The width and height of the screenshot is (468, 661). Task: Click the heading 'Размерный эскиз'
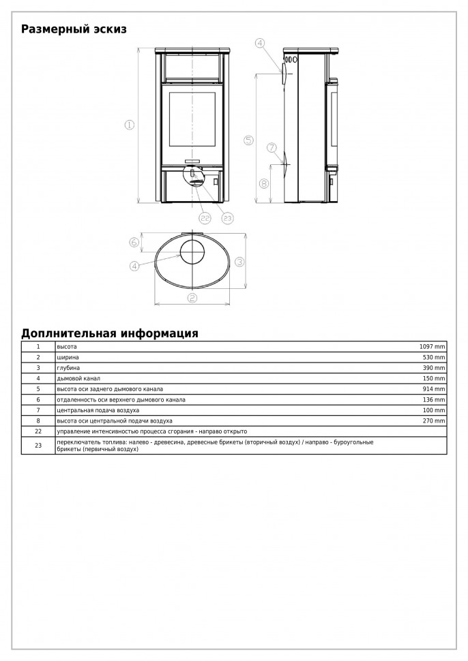pos(74,29)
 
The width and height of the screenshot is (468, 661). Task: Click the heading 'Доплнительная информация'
pos(110,333)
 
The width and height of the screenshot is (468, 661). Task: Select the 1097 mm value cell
pos(433,347)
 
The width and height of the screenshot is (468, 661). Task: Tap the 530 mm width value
pos(435,357)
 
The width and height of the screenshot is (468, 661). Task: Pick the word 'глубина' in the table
pos(68,367)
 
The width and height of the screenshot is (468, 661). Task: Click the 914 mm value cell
pos(435,388)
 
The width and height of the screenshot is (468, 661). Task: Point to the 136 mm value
pos(435,399)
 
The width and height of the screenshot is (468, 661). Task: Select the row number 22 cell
pos(38,431)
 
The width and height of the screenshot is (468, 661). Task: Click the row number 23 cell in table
pos(38,445)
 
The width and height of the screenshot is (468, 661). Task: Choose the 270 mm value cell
pos(435,421)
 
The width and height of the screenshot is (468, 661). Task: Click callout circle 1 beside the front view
pos(129,125)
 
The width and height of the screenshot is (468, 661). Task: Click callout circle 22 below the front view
pos(205,218)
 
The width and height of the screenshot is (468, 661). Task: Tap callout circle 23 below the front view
pos(227,218)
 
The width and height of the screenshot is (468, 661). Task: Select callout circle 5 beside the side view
pos(248,140)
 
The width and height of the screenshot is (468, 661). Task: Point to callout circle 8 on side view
pos(264,183)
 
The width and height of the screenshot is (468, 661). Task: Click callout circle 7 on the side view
pos(272,147)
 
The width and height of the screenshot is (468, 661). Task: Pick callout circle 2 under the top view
pos(192,298)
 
